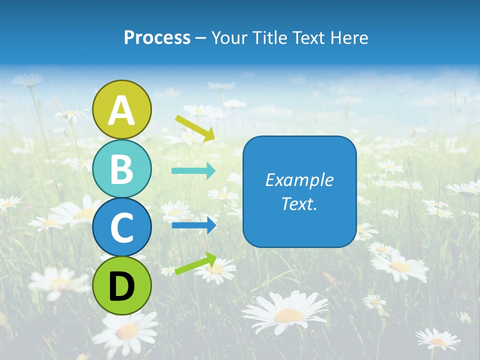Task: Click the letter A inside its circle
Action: point(122,110)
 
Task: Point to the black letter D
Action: point(122,286)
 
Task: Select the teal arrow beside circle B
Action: point(193,171)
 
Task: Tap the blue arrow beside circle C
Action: point(194,225)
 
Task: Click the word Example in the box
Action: point(299,180)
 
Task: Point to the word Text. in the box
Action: point(299,204)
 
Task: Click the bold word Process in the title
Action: point(157,37)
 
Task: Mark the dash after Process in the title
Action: point(200,38)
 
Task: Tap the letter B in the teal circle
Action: point(122,169)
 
